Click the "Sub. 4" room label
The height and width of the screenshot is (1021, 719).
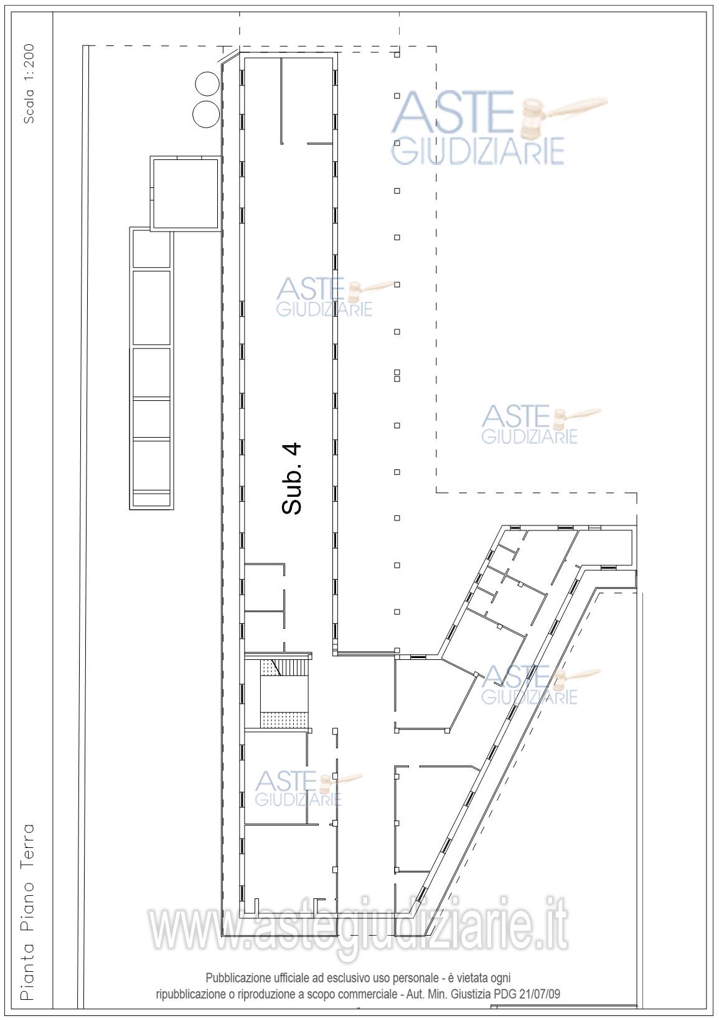coord(291,479)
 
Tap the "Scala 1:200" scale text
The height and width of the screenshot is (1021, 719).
coord(29,84)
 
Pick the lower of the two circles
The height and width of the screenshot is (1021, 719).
coord(207,114)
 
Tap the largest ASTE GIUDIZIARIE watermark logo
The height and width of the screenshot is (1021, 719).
coord(499,128)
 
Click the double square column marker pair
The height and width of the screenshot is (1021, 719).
coord(397,375)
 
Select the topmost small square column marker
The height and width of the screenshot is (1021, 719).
coord(397,55)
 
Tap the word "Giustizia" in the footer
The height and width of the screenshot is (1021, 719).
coord(470,994)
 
